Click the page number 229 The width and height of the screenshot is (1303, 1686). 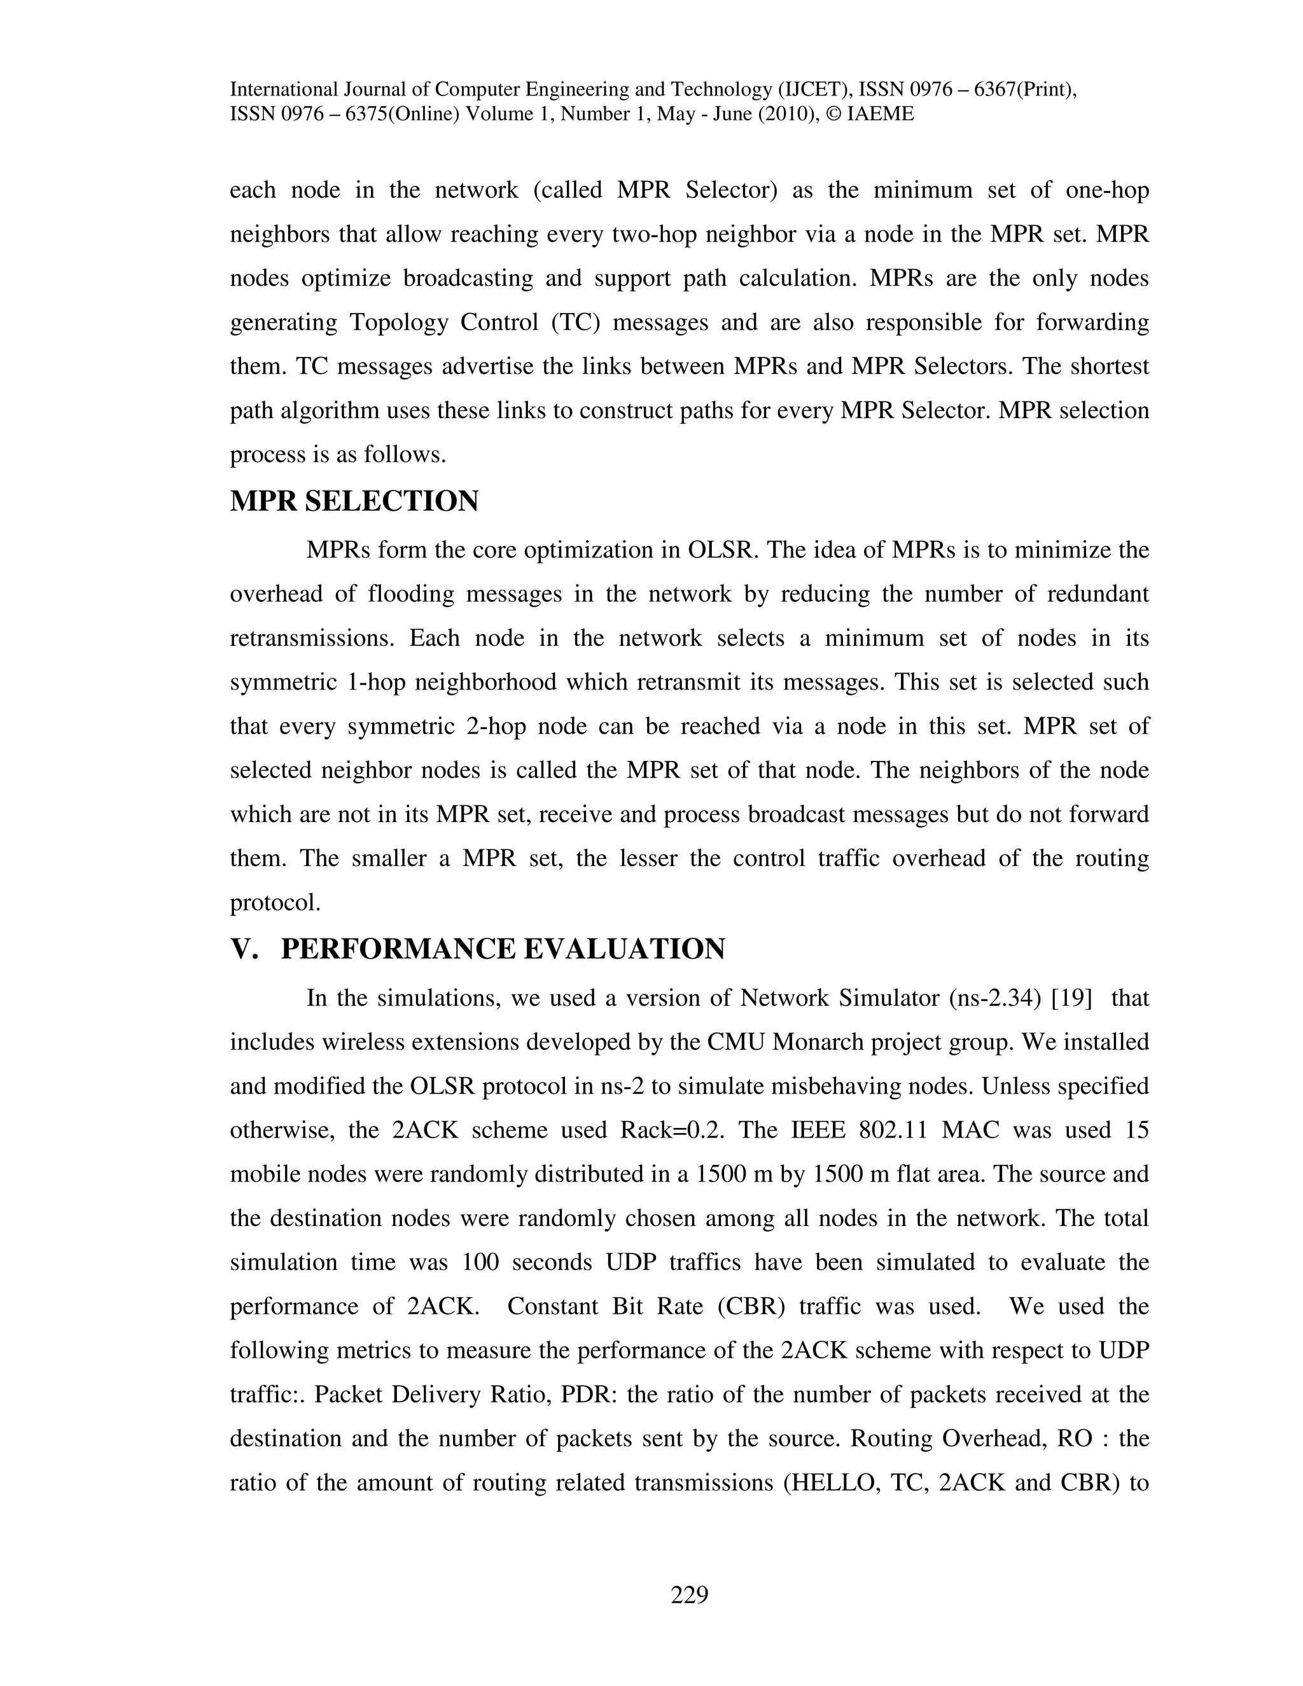(x=689, y=1594)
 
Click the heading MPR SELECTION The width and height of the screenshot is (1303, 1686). (x=354, y=502)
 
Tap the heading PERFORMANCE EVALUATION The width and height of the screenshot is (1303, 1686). (x=503, y=949)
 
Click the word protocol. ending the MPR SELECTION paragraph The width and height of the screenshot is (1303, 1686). (x=275, y=902)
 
